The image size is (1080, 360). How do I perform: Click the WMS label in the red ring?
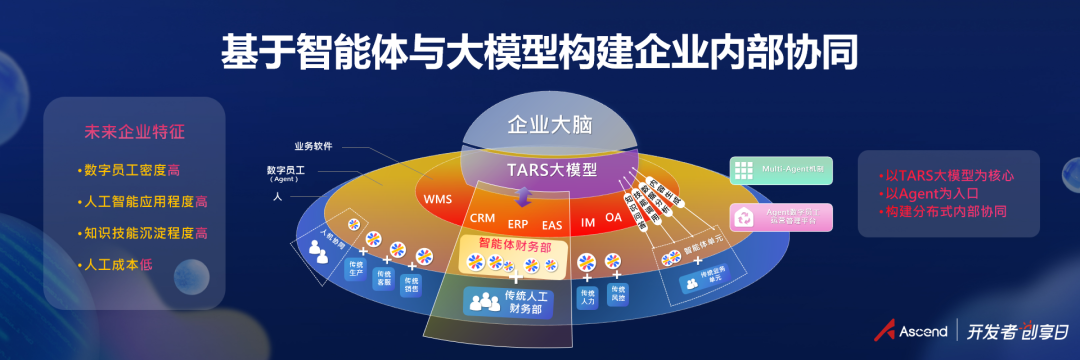(x=438, y=199)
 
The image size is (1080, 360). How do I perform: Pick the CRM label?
(x=482, y=218)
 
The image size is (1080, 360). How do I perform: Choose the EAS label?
(x=552, y=224)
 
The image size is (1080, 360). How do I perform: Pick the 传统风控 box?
(x=616, y=295)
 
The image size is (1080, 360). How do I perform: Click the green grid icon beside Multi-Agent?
(x=742, y=171)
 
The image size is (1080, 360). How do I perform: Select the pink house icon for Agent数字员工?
(x=742, y=216)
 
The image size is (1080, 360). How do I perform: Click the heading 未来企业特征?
(x=134, y=132)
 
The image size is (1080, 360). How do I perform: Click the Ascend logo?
(x=911, y=331)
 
